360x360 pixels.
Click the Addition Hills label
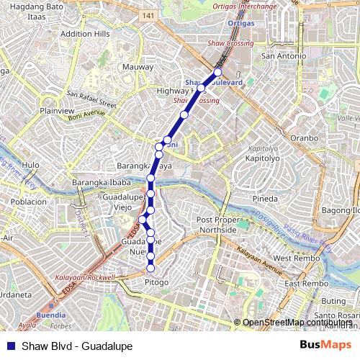(85, 34)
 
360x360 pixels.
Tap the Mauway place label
(139, 66)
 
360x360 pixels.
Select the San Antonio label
(279, 55)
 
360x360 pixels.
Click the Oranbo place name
(303, 138)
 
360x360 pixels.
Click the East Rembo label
(301, 284)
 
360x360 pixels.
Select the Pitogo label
(157, 282)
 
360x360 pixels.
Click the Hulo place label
(31, 165)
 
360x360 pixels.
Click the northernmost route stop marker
(217, 73)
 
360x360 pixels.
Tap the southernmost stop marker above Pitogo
(150, 269)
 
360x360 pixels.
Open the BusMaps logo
(326, 345)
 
